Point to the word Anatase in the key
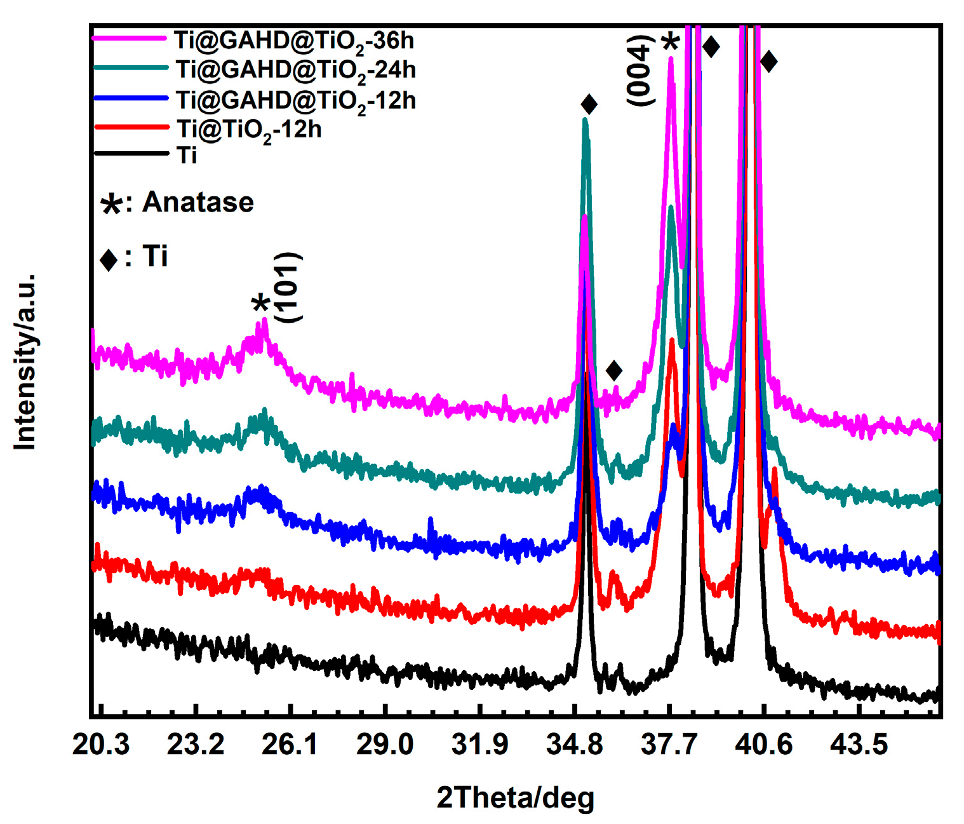tap(197, 203)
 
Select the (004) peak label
tap(640, 71)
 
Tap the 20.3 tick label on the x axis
tap(101, 744)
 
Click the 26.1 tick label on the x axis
tap(290, 744)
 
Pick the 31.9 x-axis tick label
tap(479, 744)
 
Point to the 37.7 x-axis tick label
tap(669, 744)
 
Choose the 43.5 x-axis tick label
tap(859, 744)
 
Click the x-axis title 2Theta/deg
tap(515, 798)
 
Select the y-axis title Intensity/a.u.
tap(25, 362)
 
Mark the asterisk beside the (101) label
tap(261, 304)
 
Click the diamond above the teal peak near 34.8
tap(589, 105)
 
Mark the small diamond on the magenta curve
tap(613, 370)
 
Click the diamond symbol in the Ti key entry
tap(109, 259)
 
